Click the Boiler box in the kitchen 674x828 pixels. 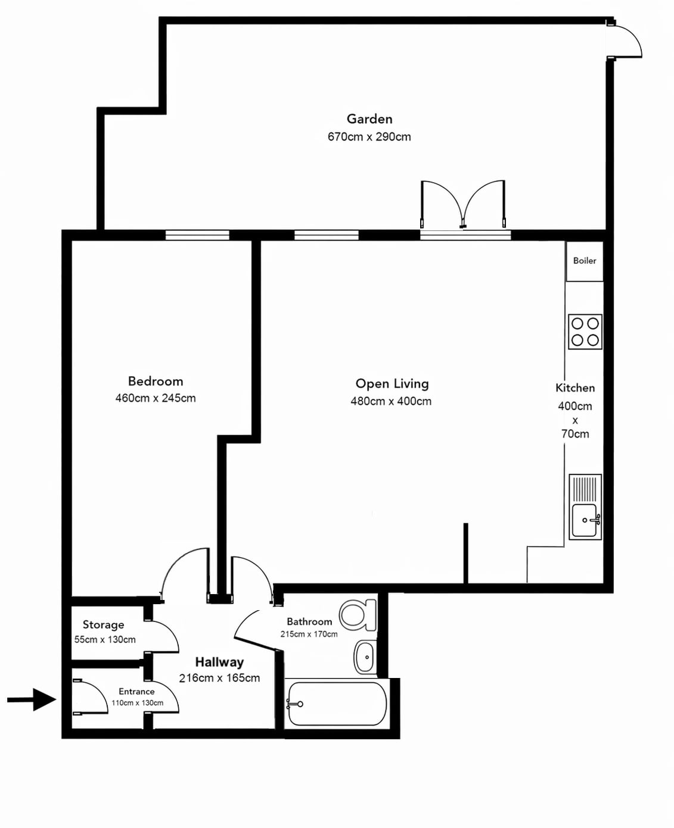(x=584, y=261)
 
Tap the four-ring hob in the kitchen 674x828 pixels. (x=585, y=332)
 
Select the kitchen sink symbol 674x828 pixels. (x=585, y=507)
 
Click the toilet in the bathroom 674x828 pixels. (x=358, y=615)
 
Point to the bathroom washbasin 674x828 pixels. (x=365, y=657)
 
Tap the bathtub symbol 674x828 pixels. (x=336, y=704)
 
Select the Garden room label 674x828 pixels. (x=369, y=119)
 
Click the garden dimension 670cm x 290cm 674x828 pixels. (x=369, y=137)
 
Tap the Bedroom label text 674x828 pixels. (x=156, y=381)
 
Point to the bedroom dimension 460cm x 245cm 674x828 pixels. (x=156, y=398)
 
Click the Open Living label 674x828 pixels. (x=392, y=384)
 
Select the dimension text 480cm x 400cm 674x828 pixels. (x=391, y=401)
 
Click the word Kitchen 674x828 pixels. (x=574, y=388)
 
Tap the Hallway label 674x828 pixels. (x=219, y=662)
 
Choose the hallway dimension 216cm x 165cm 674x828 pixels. (x=219, y=679)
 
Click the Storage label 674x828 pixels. (x=103, y=624)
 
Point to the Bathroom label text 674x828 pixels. (x=309, y=621)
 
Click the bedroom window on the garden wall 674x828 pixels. (x=197, y=235)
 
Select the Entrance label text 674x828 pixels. (x=136, y=692)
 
